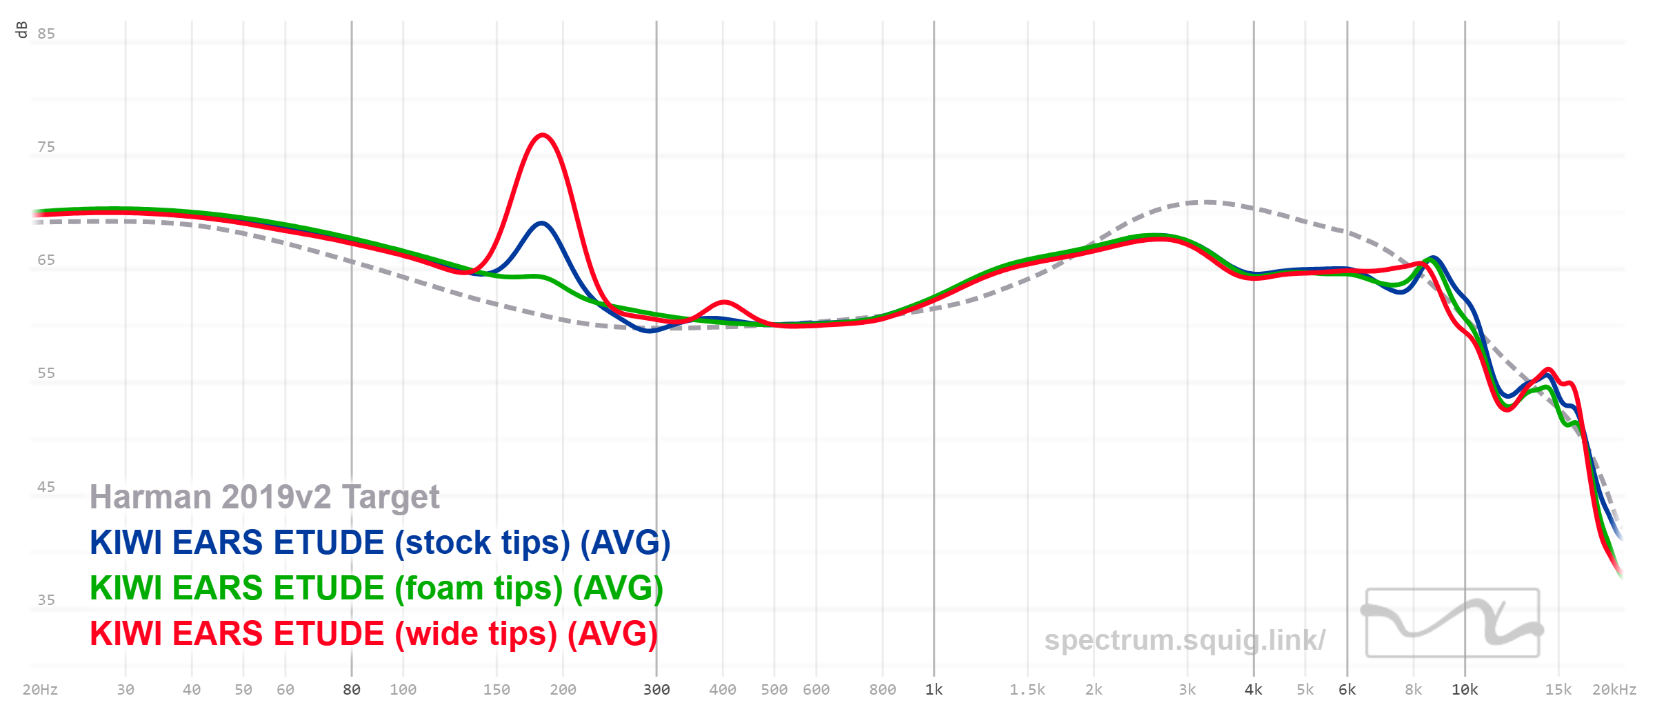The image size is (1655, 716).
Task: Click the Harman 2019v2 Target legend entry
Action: (264, 497)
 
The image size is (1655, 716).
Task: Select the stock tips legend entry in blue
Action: (379, 542)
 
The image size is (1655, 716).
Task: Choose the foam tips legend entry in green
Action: (376, 588)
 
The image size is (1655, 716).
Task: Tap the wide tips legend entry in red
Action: (373, 633)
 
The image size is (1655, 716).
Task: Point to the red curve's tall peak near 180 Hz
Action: (543, 135)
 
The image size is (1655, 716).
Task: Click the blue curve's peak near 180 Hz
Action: (542, 223)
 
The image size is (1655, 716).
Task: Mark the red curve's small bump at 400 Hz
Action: (724, 302)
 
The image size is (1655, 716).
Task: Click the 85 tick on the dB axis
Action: (46, 34)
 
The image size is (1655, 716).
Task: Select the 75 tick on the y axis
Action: (46, 147)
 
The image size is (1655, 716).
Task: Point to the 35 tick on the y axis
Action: (46, 600)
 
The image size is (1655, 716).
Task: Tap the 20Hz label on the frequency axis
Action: (40, 690)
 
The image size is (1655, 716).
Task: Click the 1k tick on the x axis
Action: (934, 690)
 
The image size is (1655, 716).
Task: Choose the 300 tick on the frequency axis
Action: (656, 690)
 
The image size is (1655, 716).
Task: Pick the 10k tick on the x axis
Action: (1465, 690)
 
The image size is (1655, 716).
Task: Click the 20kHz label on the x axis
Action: (1614, 690)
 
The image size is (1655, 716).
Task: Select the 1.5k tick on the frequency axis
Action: (1027, 690)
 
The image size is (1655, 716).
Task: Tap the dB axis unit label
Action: (21, 30)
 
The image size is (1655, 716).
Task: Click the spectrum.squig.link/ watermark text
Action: (1184, 640)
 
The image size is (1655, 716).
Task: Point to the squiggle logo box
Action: (1452, 623)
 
